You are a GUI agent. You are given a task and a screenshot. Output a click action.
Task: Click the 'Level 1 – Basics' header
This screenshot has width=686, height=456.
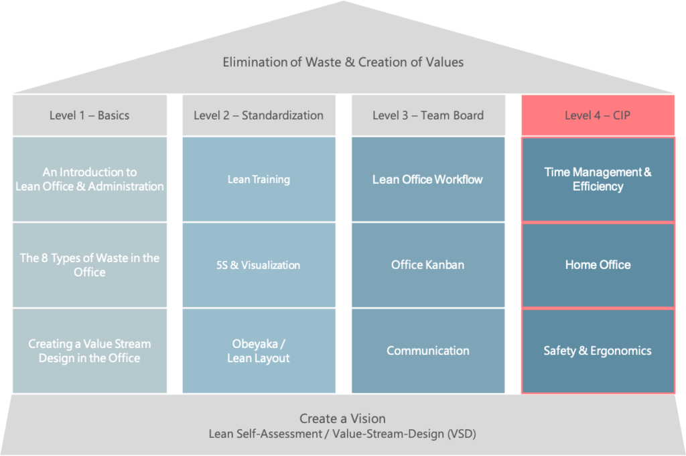click(90, 115)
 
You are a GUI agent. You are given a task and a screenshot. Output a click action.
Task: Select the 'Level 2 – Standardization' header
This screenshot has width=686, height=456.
click(259, 115)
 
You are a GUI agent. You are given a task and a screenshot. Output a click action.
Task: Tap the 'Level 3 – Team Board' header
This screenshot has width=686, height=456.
click(428, 115)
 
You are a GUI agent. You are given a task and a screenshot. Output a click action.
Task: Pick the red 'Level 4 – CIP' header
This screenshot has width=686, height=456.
click(598, 115)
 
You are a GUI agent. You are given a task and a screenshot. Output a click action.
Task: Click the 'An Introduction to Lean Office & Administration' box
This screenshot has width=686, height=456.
click(90, 179)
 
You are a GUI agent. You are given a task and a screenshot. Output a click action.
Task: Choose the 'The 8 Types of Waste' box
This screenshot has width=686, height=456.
click(90, 265)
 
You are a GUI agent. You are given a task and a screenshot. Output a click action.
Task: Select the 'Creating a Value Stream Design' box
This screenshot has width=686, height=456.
click(90, 351)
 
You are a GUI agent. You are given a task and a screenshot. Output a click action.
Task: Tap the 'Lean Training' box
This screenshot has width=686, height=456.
click(259, 179)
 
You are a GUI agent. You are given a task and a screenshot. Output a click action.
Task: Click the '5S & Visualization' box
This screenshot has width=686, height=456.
click(259, 265)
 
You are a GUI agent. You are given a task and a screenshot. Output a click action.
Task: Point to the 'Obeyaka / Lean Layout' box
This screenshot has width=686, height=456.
click(259, 351)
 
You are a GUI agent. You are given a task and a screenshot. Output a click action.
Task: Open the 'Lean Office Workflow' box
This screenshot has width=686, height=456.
click(428, 179)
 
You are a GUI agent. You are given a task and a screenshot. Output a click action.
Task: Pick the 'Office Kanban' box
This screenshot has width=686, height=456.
click(428, 265)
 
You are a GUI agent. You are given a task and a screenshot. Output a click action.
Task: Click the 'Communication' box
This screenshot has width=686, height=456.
click(428, 351)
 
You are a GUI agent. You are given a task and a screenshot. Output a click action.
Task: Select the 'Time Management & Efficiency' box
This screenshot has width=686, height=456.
click(598, 179)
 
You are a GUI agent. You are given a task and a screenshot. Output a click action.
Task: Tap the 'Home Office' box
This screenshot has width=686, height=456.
click(598, 265)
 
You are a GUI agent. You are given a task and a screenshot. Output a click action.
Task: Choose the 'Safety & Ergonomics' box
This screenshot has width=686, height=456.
click(598, 351)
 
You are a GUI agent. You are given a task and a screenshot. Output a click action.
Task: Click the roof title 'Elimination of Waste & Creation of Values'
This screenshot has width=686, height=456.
click(343, 62)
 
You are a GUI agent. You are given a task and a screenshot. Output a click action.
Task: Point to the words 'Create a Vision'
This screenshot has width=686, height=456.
click(342, 418)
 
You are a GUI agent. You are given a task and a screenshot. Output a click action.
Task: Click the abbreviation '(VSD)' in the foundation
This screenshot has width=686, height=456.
click(462, 434)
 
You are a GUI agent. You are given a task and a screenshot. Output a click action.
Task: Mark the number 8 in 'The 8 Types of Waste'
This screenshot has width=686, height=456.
click(45, 258)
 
